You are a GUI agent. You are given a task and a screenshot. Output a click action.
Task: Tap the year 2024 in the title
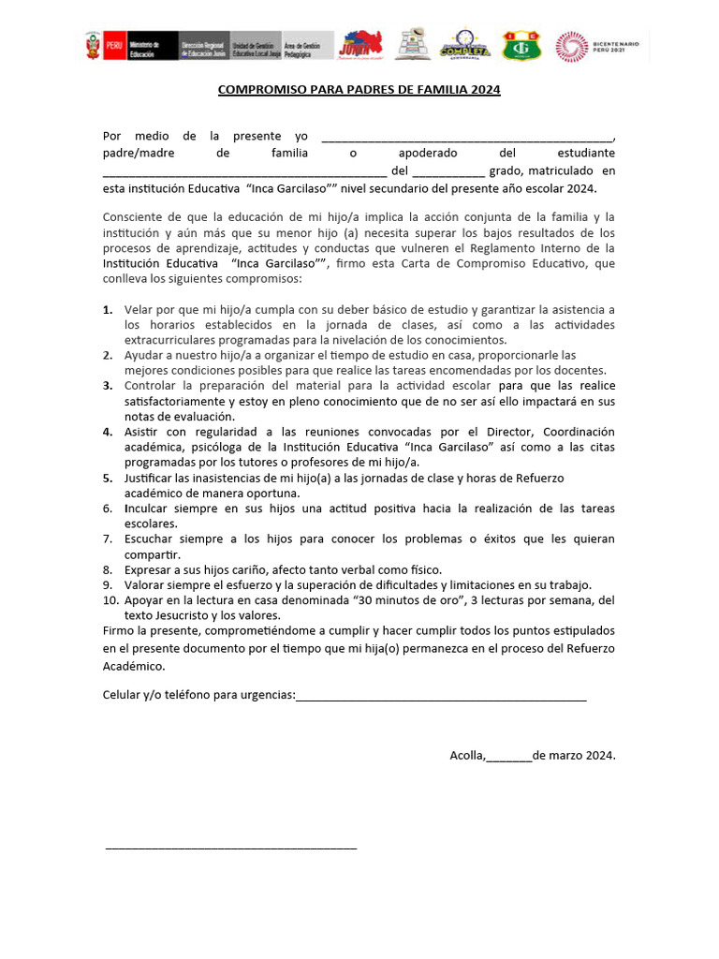[x=486, y=90]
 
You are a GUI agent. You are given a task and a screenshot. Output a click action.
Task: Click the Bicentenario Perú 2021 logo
[x=598, y=46]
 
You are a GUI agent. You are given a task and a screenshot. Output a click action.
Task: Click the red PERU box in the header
[x=114, y=45]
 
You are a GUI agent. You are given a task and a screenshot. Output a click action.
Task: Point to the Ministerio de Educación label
[x=145, y=45]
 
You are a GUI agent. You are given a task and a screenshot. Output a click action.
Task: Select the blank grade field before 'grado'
[x=448, y=171]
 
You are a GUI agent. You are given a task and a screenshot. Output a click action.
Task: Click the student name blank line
[x=244, y=171]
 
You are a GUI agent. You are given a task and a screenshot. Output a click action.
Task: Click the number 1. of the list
[x=108, y=309]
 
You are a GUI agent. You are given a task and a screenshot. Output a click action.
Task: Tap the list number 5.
[x=108, y=478]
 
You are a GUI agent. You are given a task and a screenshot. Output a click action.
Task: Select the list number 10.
[x=110, y=599]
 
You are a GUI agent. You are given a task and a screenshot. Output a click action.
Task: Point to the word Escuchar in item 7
[x=150, y=539]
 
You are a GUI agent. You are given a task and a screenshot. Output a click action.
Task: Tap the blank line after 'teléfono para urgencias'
[x=441, y=695]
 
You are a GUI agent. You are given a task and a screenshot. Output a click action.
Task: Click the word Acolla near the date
[x=466, y=755]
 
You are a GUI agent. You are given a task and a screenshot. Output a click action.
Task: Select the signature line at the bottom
[x=231, y=847]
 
